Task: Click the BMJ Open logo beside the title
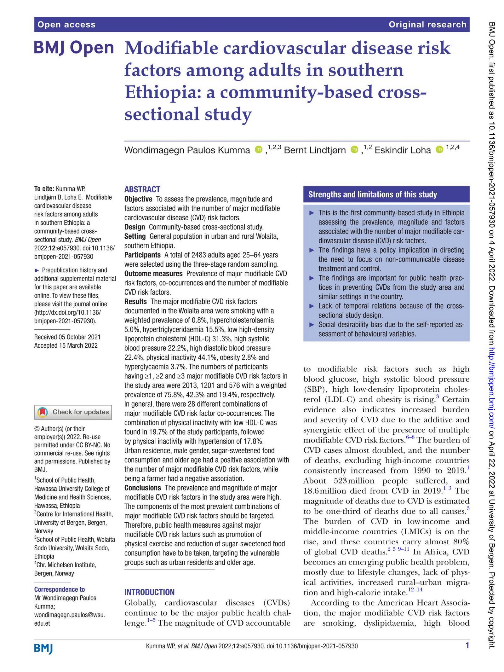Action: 74,48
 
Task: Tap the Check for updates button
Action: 73,412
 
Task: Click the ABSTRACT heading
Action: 142,189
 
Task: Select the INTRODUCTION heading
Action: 149,592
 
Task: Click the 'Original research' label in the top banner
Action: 427,25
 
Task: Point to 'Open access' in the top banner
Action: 66,25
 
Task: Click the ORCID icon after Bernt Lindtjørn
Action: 354,149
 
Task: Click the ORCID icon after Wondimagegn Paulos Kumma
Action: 258,149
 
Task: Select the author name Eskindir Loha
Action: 402,150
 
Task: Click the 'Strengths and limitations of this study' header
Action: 372,194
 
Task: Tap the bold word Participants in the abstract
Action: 142,255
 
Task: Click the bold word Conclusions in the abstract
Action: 142,488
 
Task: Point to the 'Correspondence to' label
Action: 60,589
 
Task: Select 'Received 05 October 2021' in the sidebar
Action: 67,337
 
